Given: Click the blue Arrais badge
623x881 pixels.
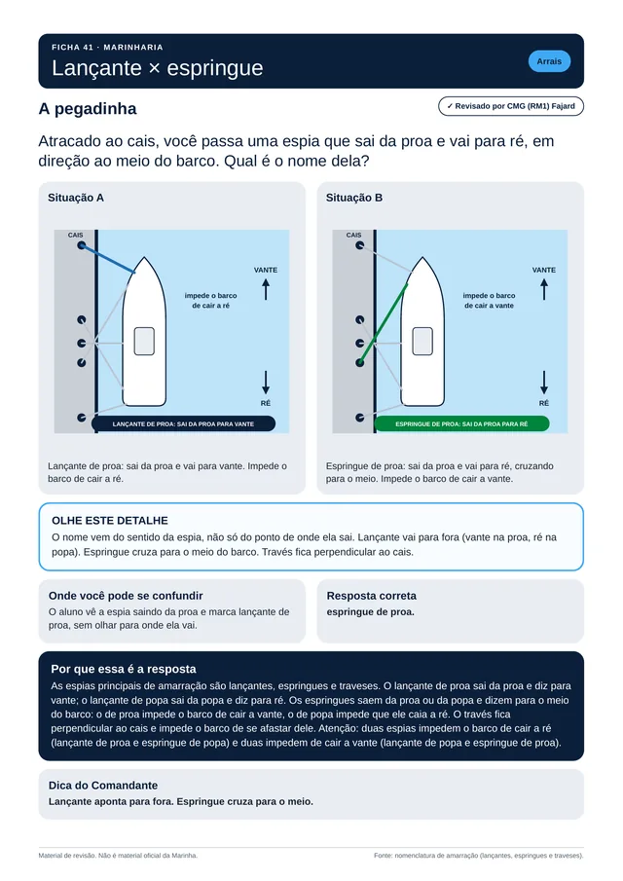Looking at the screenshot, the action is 549,61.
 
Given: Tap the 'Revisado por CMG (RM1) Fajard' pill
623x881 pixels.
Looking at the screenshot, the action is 511,106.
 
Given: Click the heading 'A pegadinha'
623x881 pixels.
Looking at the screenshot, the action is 87,108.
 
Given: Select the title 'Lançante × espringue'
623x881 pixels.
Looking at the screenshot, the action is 158,68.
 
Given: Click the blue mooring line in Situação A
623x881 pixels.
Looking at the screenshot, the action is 108,259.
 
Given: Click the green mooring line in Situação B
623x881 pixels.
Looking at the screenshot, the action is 384,323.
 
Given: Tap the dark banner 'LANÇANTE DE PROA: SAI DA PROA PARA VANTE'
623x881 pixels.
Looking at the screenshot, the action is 183,423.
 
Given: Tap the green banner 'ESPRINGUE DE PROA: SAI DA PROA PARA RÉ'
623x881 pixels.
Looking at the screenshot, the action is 461,423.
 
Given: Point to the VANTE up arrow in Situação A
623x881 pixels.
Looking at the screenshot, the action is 266,289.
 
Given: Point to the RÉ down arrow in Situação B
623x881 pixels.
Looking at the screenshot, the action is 544,382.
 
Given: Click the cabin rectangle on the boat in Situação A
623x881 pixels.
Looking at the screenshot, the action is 144,341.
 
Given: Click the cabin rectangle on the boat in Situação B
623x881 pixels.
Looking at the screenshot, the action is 422,341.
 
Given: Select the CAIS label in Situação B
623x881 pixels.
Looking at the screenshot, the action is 354,235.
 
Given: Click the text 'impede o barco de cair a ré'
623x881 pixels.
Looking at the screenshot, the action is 210,301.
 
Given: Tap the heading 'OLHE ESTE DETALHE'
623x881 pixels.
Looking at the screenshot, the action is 110,520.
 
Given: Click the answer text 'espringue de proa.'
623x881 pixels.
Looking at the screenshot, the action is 370,612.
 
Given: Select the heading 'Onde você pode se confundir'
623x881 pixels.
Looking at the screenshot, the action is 126,596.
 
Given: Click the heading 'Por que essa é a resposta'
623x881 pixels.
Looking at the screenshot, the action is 124,669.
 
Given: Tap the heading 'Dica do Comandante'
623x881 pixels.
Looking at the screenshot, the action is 103,786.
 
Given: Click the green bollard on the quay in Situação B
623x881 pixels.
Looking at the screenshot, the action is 360,362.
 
